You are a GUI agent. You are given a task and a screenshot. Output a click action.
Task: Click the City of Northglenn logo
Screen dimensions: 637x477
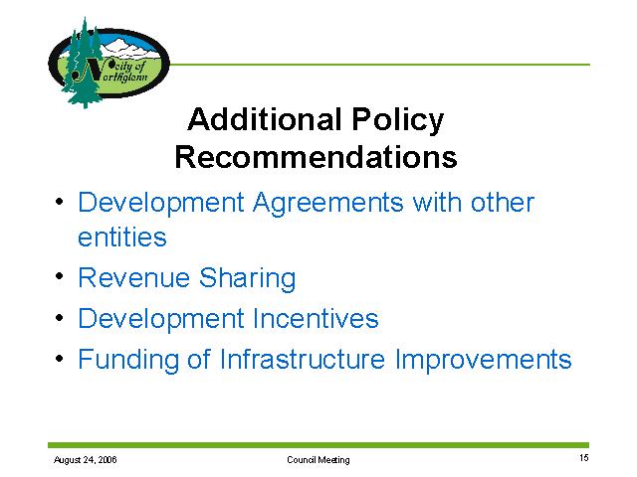pos(108,63)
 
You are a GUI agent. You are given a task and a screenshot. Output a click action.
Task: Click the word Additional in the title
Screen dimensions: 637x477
pos(264,119)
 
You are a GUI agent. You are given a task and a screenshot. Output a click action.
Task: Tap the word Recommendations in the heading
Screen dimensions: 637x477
pos(317,157)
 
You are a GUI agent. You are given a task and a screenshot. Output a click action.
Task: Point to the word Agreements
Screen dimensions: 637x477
pos(327,204)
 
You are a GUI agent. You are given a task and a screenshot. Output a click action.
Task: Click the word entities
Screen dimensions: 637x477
pos(121,237)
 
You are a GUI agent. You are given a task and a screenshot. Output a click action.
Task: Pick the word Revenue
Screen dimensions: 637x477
pos(134,278)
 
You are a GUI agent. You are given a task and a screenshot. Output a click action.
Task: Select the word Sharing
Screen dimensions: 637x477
pos(248,279)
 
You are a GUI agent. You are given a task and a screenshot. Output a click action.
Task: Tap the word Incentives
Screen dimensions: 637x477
pos(316,318)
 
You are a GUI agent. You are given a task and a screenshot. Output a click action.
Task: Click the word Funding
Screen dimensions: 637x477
pos(128,360)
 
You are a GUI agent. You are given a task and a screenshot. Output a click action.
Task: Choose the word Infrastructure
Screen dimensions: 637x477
pos(303,359)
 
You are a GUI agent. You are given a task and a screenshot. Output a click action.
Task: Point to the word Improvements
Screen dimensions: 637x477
pos(483,360)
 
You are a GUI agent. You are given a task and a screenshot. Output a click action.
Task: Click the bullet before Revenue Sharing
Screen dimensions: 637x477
pos(60,276)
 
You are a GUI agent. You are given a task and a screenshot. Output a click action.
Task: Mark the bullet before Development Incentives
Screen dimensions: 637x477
pos(60,318)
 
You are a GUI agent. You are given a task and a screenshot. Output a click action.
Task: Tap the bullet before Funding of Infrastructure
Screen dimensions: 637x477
pos(60,358)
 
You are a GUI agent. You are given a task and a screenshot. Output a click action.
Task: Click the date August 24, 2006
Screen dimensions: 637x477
pos(86,459)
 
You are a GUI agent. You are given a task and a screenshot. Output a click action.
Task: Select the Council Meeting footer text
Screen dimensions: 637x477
pos(318,459)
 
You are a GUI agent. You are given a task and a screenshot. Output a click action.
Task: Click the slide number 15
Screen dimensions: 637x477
pos(584,458)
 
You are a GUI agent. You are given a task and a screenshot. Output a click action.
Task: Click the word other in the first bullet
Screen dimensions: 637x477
pos(502,202)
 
